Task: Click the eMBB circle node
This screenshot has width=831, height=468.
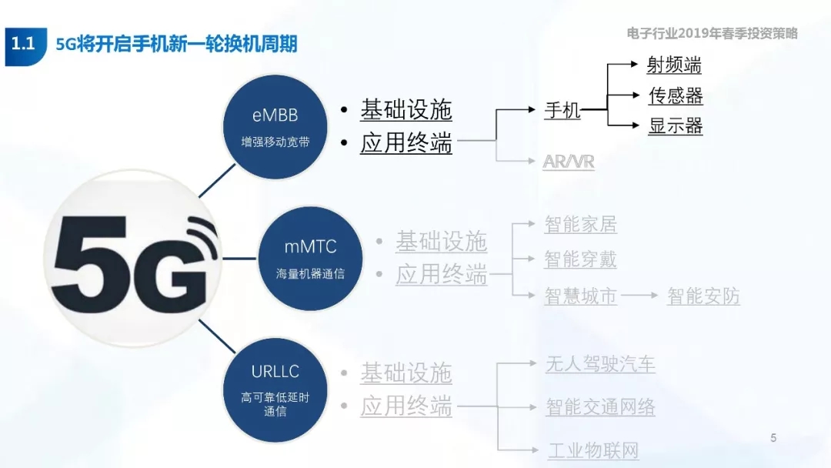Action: click(x=275, y=127)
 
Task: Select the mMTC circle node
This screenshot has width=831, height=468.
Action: click(x=311, y=258)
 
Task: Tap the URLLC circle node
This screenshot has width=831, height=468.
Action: click(x=275, y=390)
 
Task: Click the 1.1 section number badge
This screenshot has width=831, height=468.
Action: click(x=25, y=45)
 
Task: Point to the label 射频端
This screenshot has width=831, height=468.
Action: click(x=674, y=65)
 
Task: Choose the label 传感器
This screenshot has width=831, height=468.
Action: click(x=676, y=95)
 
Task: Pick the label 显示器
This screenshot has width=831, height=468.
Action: click(x=676, y=126)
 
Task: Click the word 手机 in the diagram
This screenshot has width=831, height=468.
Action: click(x=562, y=110)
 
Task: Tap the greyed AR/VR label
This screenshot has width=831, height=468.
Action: click(x=569, y=161)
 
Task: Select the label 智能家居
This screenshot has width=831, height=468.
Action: click(x=581, y=224)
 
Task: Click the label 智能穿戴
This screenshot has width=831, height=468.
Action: click(x=581, y=259)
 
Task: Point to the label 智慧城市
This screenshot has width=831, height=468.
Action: click(x=581, y=296)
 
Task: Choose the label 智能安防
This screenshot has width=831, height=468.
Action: click(x=703, y=296)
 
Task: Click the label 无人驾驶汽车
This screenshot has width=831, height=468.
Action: click(x=600, y=364)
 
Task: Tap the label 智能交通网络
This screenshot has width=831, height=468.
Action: click(x=600, y=407)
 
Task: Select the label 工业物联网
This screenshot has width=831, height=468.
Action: click(x=593, y=450)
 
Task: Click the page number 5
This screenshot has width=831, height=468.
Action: click(x=774, y=438)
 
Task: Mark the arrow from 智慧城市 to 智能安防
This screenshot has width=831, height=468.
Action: click(x=639, y=295)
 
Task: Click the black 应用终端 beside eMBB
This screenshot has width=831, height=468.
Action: click(x=406, y=142)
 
